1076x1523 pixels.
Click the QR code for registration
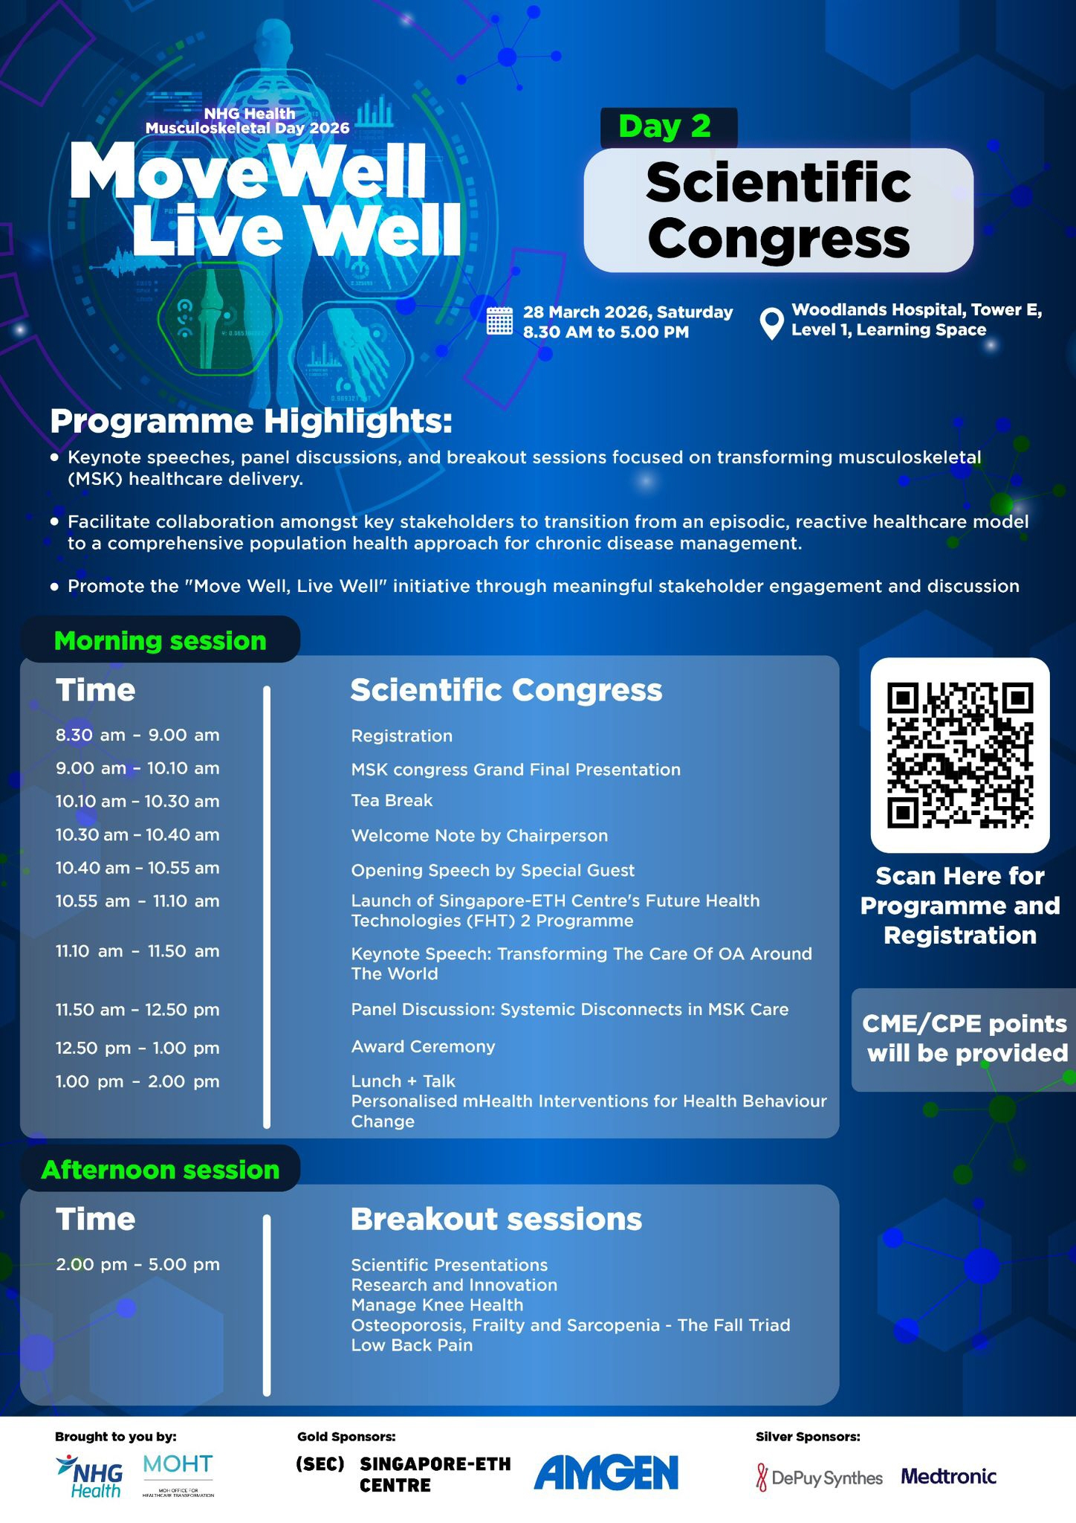[960, 756]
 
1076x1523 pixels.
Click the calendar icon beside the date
[499, 321]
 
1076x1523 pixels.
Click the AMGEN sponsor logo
[606, 1472]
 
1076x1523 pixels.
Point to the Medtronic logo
[949, 1476]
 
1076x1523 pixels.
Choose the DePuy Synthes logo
[820, 1478]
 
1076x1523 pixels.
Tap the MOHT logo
[178, 1475]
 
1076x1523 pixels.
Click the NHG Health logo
[89, 1475]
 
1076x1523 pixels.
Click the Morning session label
[161, 640]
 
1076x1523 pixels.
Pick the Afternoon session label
[161, 1170]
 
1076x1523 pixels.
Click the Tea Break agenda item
[392, 800]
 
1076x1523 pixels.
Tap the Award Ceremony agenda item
[423, 1046]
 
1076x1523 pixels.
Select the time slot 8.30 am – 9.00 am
[137, 735]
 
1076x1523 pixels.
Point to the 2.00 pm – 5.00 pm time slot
[137, 1264]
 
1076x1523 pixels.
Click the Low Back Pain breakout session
[412, 1345]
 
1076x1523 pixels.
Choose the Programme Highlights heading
[251, 422]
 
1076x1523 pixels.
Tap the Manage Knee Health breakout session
[437, 1305]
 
